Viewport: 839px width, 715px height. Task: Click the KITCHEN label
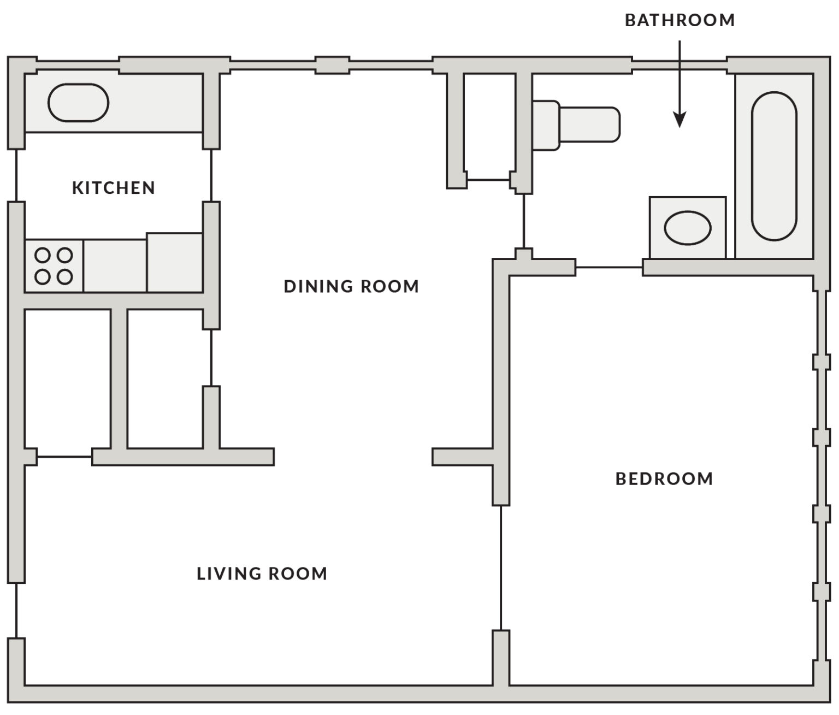click(x=114, y=187)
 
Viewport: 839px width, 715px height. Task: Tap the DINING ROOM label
click(x=351, y=286)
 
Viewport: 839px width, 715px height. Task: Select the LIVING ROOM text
click(x=262, y=574)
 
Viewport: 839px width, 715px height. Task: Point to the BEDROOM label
click(x=664, y=478)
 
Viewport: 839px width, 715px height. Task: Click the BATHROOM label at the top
click(x=680, y=20)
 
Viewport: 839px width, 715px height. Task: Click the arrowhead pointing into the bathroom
click(x=680, y=120)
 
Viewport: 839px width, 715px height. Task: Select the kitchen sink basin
click(x=78, y=103)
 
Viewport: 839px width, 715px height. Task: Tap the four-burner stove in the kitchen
click(x=54, y=266)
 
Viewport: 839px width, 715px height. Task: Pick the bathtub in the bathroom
click(x=774, y=166)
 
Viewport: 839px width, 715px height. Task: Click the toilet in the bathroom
click(x=576, y=125)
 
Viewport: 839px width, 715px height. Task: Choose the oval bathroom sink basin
click(x=688, y=228)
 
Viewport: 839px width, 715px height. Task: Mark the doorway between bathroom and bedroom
click(x=609, y=268)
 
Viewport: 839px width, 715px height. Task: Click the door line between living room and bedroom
click(x=501, y=568)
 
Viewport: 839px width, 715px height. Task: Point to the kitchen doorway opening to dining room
click(x=211, y=175)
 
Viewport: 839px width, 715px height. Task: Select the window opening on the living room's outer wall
click(x=16, y=610)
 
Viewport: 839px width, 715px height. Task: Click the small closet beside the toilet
click(x=489, y=127)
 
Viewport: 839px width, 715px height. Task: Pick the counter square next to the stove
click(x=115, y=266)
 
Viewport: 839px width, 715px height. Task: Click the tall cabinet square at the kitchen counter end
click(x=175, y=263)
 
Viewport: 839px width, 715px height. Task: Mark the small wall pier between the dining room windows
click(x=333, y=65)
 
